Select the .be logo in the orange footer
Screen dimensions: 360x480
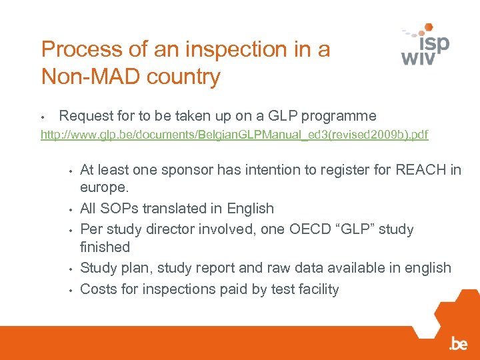[458, 344]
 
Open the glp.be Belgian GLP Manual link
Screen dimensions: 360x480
[234, 135]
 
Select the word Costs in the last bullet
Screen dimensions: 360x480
[98, 289]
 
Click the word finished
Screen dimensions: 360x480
[105, 247]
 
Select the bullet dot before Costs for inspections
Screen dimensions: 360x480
[69, 289]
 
